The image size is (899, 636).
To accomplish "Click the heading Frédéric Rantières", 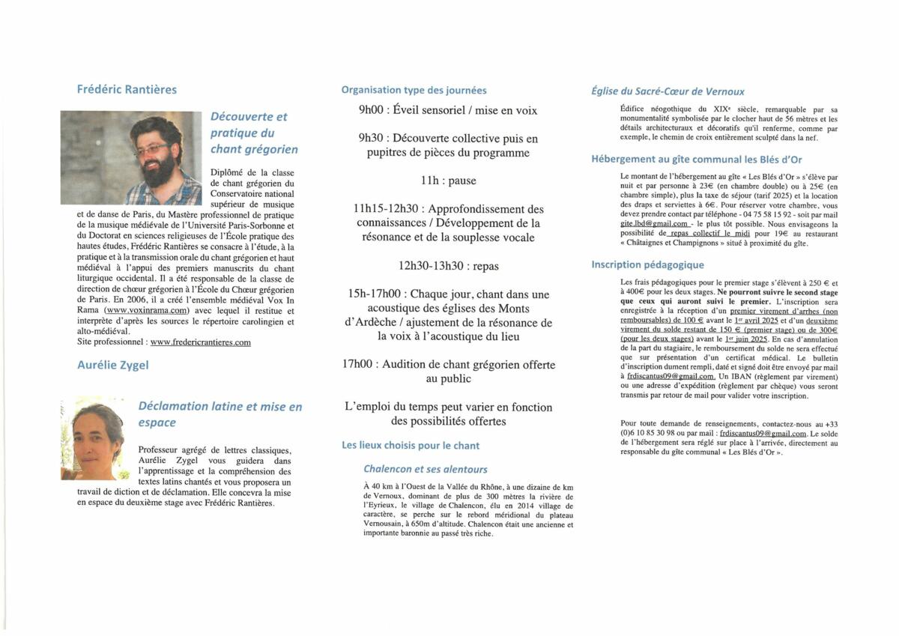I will pyautogui.click(x=127, y=89).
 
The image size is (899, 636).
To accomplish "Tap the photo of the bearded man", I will pyautogui.click(x=131, y=157).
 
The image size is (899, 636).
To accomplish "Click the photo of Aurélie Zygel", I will pyautogui.click(x=92, y=438).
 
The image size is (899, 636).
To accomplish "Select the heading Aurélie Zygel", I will pyautogui.click(x=112, y=365).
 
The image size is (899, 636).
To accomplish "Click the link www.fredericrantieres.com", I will pyautogui.click(x=200, y=342).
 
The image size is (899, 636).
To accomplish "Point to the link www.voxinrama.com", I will pyautogui.click(x=147, y=310).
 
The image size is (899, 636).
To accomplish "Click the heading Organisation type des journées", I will pyautogui.click(x=414, y=90).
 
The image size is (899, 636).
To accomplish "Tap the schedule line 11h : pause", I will pyautogui.click(x=448, y=181).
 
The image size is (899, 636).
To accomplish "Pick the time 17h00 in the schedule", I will pyautogui.click(x=360, y=364).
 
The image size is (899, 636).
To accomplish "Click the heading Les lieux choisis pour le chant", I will pyautogui.click(x=411, y=445).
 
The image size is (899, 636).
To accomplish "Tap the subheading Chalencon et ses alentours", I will pyautogui.click(x=425, y=470).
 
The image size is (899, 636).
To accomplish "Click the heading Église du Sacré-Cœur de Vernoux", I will pyautogui.click(x=668, y=91).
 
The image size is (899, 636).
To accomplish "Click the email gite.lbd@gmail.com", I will pyautogui.click(x=653, y=224).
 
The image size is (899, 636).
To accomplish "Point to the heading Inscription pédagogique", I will pyautogui.click(x=647, y=264).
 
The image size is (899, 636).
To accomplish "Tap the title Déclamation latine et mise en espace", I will pyautogui.click(x=220, y=414).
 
